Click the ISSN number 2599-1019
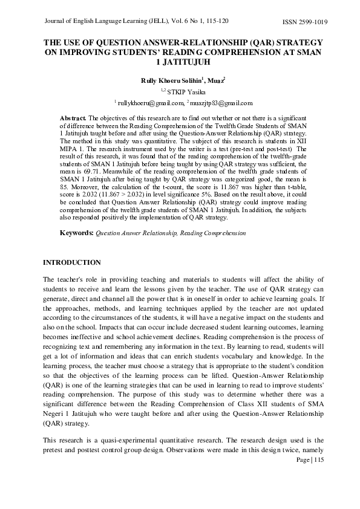313,22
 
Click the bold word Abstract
74,117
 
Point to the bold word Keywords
76,233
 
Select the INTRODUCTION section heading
72,262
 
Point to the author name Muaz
216,80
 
